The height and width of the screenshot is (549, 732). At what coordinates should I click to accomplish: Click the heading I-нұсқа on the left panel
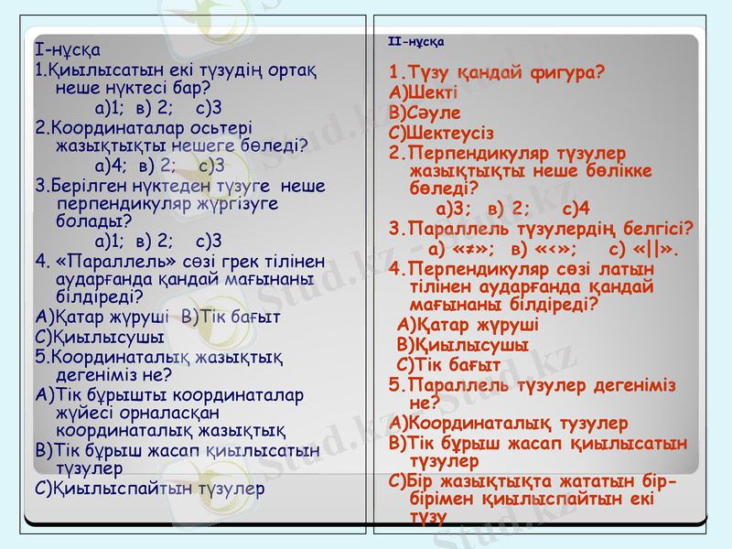click(67, 49)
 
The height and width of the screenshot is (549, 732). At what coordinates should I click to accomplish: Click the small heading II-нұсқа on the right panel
click(416, 42)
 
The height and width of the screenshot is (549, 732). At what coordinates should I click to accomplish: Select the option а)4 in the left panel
click(111, 166)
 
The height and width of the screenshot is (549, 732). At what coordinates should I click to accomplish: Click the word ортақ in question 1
click(290, 70)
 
